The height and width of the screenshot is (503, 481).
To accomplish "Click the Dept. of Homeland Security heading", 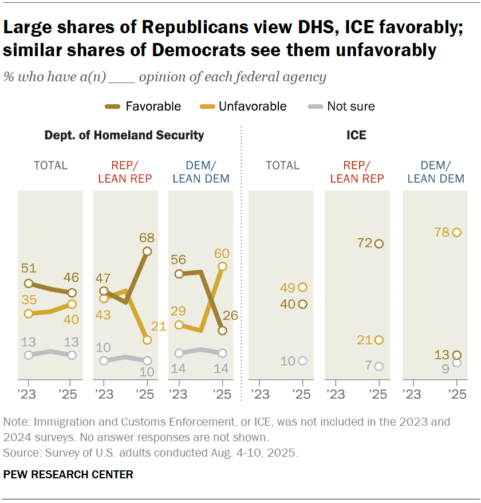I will click(124, 136).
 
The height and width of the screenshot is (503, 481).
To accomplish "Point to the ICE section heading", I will click(357, 136).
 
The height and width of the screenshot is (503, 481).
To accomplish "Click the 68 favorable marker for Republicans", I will click(147, 251).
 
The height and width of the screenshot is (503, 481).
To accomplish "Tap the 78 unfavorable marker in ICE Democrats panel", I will click(456, 232).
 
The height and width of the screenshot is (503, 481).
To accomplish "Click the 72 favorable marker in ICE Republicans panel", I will click(379, 243).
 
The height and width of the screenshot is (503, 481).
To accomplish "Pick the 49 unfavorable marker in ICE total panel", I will click(303, 287).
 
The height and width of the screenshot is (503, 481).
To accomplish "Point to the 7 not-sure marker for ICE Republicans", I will click(379, 366).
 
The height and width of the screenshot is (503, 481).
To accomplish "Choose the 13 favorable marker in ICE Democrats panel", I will click(456, 355).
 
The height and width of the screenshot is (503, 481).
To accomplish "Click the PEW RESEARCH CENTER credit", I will click(68, 474).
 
